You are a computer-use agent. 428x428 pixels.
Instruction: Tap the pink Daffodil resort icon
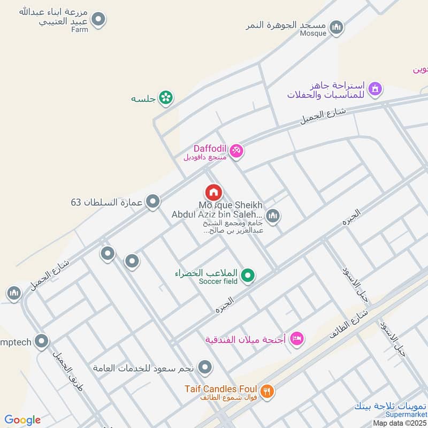236,151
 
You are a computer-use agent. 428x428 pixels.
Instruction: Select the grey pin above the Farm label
98,20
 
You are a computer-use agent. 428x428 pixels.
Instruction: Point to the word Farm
79,30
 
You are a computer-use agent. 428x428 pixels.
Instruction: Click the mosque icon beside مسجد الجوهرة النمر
336,27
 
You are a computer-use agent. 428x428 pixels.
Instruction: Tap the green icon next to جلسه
166,98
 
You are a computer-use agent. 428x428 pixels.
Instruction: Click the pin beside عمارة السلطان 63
154,201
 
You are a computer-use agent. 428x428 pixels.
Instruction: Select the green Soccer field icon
247,276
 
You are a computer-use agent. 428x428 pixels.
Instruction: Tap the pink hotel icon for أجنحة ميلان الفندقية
297,338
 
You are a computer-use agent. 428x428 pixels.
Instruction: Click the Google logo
22,420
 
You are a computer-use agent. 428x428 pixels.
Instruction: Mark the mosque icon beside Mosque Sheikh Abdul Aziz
273,216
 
